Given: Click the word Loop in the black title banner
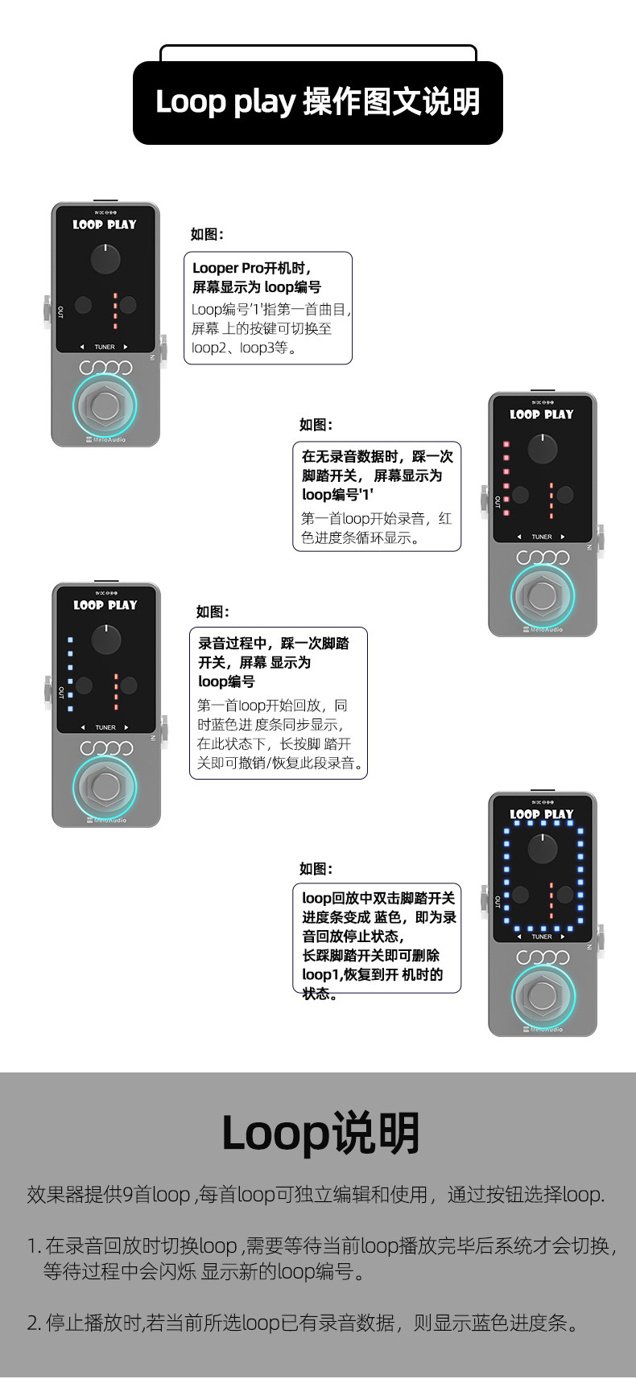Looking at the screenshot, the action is pos(190,101).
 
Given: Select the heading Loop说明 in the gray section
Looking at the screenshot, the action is pos(320,1133).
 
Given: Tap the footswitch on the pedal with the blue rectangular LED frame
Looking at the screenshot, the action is pos(543,995).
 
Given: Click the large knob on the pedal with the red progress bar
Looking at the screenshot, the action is pos(543,449).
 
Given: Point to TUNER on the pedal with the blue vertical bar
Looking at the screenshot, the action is pos(105,727).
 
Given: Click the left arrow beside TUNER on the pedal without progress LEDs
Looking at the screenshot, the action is pos(82,348).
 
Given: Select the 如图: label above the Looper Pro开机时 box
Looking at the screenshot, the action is pos(206,234).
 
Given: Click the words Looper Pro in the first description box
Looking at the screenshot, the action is pos(228,269).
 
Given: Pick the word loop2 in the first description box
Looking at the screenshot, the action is pos(209,348).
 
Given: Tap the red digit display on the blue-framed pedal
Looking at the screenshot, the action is pos(551,900).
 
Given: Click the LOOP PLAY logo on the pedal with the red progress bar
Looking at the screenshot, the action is pos(542,414).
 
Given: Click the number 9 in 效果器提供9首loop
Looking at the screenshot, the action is pos(128,1195).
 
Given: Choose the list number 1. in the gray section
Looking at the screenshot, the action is pos(35,1246).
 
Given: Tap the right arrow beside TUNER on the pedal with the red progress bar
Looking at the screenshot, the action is pos(563,537).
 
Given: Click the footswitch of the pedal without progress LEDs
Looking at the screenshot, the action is pos(105,405).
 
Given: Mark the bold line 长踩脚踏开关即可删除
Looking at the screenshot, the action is pos(370,956).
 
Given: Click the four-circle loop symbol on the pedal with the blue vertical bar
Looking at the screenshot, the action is pos(106,748).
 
